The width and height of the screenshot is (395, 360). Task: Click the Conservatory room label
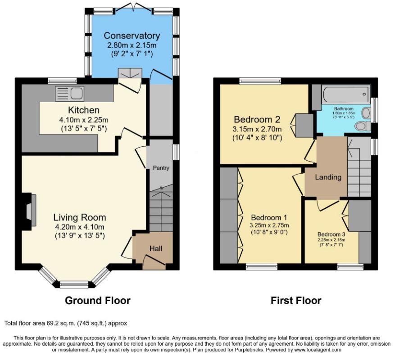click(132, 36)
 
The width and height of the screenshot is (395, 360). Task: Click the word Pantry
click(161, 168)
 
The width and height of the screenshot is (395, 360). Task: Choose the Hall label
click(156, 249)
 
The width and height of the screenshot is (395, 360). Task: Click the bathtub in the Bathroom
click(346, 94)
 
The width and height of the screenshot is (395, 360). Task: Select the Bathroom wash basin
click(366, 112)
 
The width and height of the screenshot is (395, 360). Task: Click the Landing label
click(328, 177)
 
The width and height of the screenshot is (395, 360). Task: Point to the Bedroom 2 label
click(257, 119)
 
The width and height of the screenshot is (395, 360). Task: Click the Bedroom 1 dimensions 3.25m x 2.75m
click(269, 225)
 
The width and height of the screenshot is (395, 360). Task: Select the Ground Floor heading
click(98, 301)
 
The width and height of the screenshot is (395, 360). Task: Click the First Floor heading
click(296, 301)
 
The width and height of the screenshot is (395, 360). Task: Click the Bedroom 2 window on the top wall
click(260, 81)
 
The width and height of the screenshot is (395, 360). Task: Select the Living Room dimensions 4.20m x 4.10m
click(80, 227)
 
